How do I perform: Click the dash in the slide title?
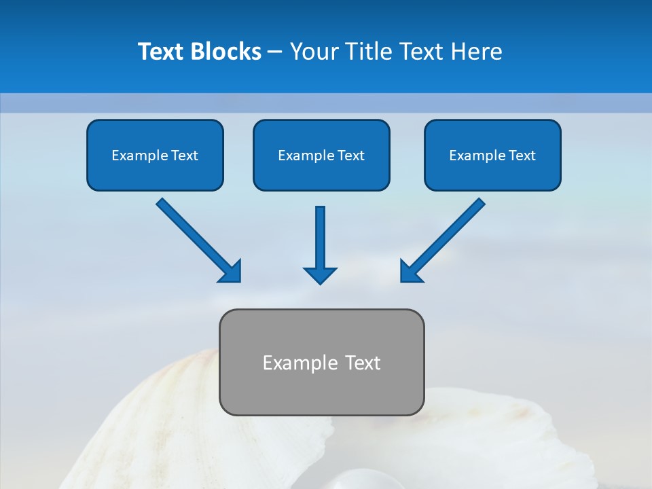275,52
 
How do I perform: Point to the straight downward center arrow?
320,238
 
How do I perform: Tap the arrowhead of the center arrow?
320,274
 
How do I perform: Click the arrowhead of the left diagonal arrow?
231,272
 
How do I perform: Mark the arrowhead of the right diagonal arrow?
410,272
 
